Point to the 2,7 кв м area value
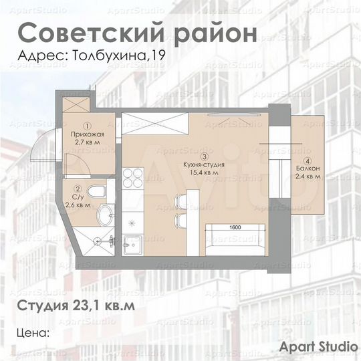[x=88, y=142]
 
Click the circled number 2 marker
[x=78, y=190]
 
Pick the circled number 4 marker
[x=308, y=161]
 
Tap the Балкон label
[x=308, y=169]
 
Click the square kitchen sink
[x=131, y=244]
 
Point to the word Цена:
[x=33, y=332]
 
